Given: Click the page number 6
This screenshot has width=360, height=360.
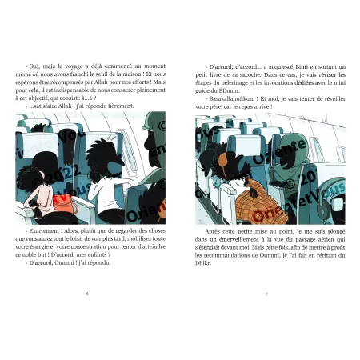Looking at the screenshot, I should pos(87,293).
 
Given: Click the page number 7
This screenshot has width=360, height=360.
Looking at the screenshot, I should pos(264,293).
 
